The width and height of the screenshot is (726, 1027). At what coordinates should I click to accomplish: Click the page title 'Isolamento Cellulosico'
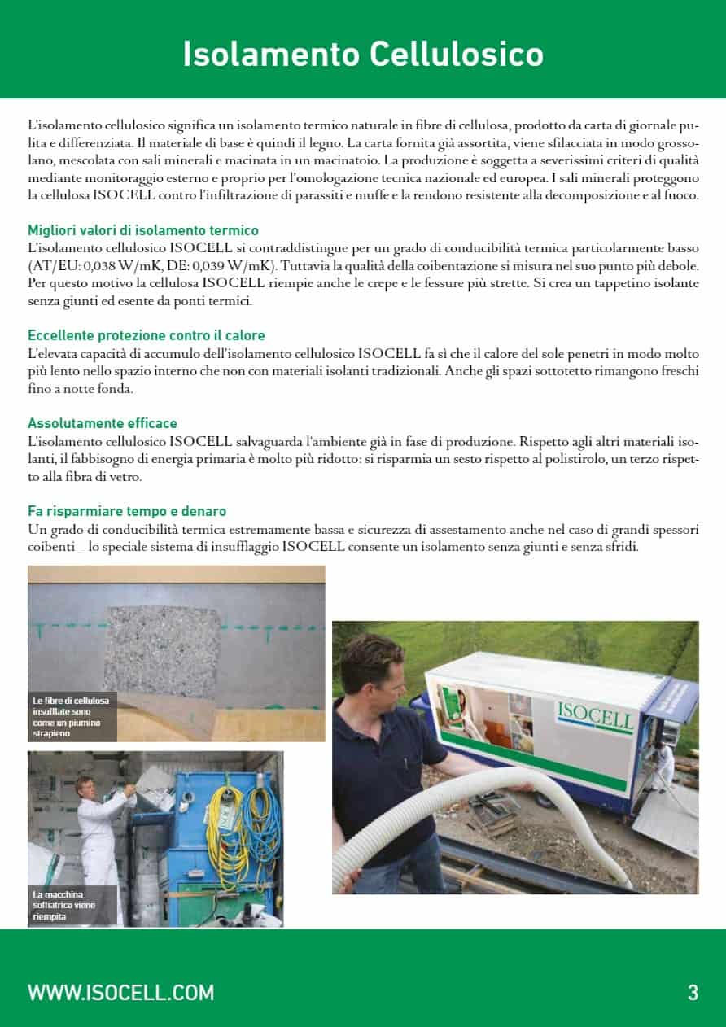pyautogui.click(x=363, y=55)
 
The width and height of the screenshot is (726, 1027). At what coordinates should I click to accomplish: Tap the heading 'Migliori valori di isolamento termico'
pyautogui.click(x=143, y=230)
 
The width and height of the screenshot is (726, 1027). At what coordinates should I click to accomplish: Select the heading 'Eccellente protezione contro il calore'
pyautogui.click(x=147, y=335)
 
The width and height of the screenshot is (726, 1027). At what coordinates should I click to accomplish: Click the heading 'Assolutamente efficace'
pyautogui.click(x=103, y=423)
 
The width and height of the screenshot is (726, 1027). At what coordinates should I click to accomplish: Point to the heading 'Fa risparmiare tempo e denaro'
pyautogui.click(x=127, y=511)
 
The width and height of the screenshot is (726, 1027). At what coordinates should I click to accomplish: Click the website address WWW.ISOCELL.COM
pyautogui.click(x=121, y=993)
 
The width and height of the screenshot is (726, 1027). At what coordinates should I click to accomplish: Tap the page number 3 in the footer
pyautogui.click(x=693, y=993)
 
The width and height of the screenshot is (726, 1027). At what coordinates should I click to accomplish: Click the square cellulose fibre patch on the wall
pyautogui.click(x=162, y=651)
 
